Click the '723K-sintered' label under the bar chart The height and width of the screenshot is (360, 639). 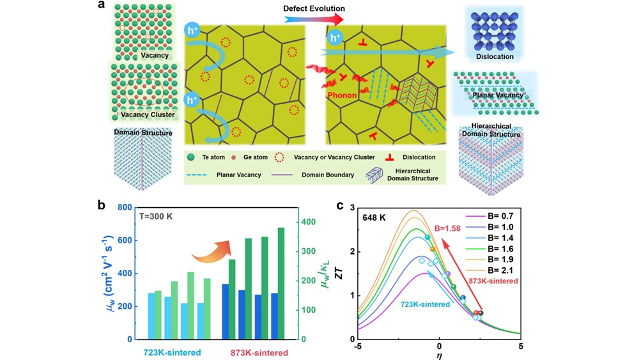172,352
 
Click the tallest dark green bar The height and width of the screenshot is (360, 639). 281,283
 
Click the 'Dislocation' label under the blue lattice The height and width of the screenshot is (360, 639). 495,56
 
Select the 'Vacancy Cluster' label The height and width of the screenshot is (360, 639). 149,114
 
